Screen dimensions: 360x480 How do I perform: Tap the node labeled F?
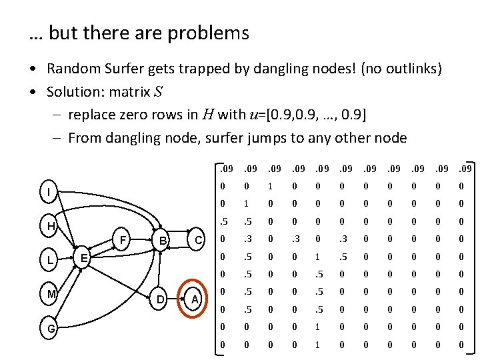[122, 239]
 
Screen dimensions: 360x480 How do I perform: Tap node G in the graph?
[51, 329]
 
